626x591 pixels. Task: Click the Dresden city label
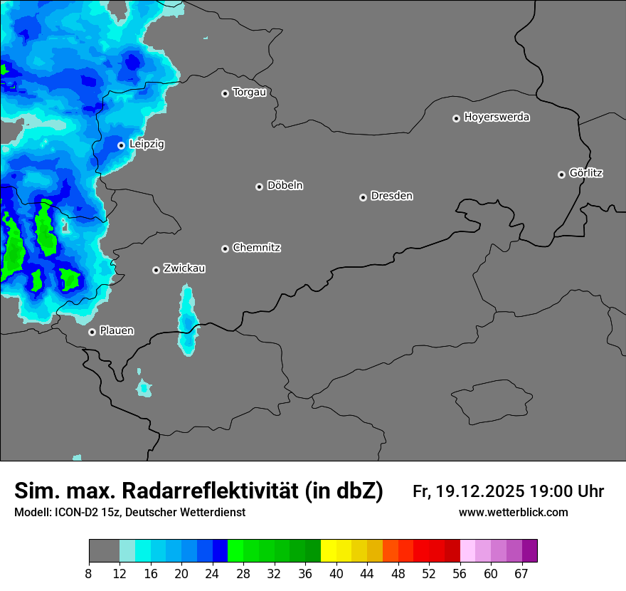pos(391,196)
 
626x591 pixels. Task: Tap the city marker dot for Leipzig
pos(121,145)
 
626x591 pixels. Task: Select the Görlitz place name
pos(586,173)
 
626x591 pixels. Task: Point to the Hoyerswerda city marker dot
pos(456,118)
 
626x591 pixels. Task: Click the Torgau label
pos(249,92)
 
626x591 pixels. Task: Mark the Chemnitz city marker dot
pos(225,249)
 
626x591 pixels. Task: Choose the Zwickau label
pos(184,268)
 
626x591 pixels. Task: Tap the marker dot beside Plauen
pos(92,332)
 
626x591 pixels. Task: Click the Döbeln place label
pos(285,185)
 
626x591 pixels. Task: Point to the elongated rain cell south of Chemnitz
pos(187,320)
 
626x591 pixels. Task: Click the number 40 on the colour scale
pos(336,573)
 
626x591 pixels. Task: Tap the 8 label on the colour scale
pos(89,573)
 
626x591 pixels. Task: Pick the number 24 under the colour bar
pos(213,573)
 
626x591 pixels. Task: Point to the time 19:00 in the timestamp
pos(548,491)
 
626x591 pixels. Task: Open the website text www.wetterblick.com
pos(513,513)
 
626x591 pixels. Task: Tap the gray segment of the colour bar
pos(104,551)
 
